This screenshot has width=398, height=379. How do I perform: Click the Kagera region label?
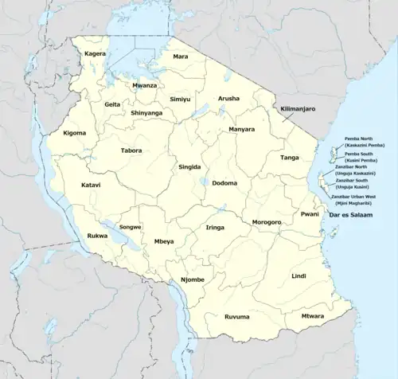coord(96,54)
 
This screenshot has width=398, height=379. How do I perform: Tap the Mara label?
coord(181,57)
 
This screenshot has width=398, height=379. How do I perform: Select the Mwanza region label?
coord(145,85)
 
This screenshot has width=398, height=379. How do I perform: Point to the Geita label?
coord(112,104)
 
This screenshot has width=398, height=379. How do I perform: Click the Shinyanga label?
coord(146,113)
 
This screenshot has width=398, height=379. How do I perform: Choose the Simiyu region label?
coord(180,100)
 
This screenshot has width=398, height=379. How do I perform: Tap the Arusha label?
coord(228,100)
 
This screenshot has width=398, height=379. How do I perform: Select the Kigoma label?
coord(76,133)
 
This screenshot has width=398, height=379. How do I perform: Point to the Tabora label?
coord(131,150)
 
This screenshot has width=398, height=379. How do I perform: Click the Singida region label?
coord(189,167)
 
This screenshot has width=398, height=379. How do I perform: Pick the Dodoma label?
coord(224,183)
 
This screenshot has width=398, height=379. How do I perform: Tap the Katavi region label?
coord(91,185)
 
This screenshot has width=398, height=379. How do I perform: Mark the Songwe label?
coord(130,227)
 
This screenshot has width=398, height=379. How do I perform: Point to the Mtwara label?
coord(312,316)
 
